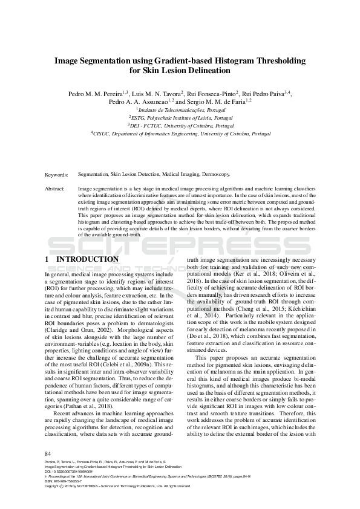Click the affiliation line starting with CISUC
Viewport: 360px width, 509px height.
coord(180,132)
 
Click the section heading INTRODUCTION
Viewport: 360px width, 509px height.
coord(87,259)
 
